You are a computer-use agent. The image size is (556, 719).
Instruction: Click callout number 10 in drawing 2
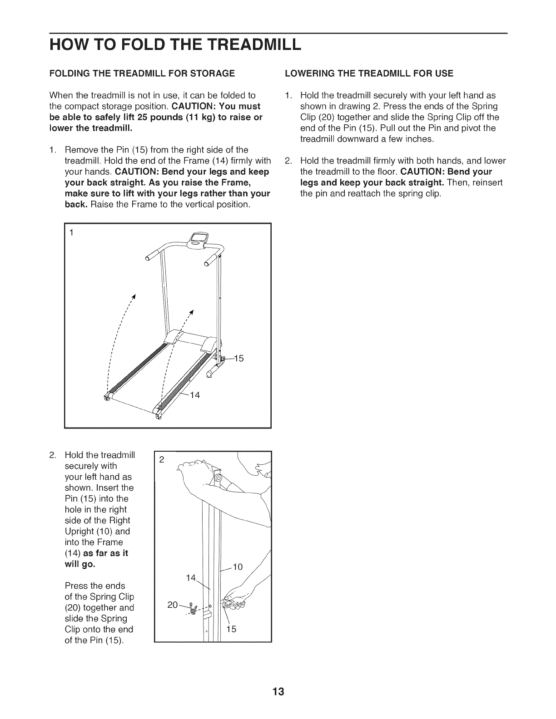point(238,566)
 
